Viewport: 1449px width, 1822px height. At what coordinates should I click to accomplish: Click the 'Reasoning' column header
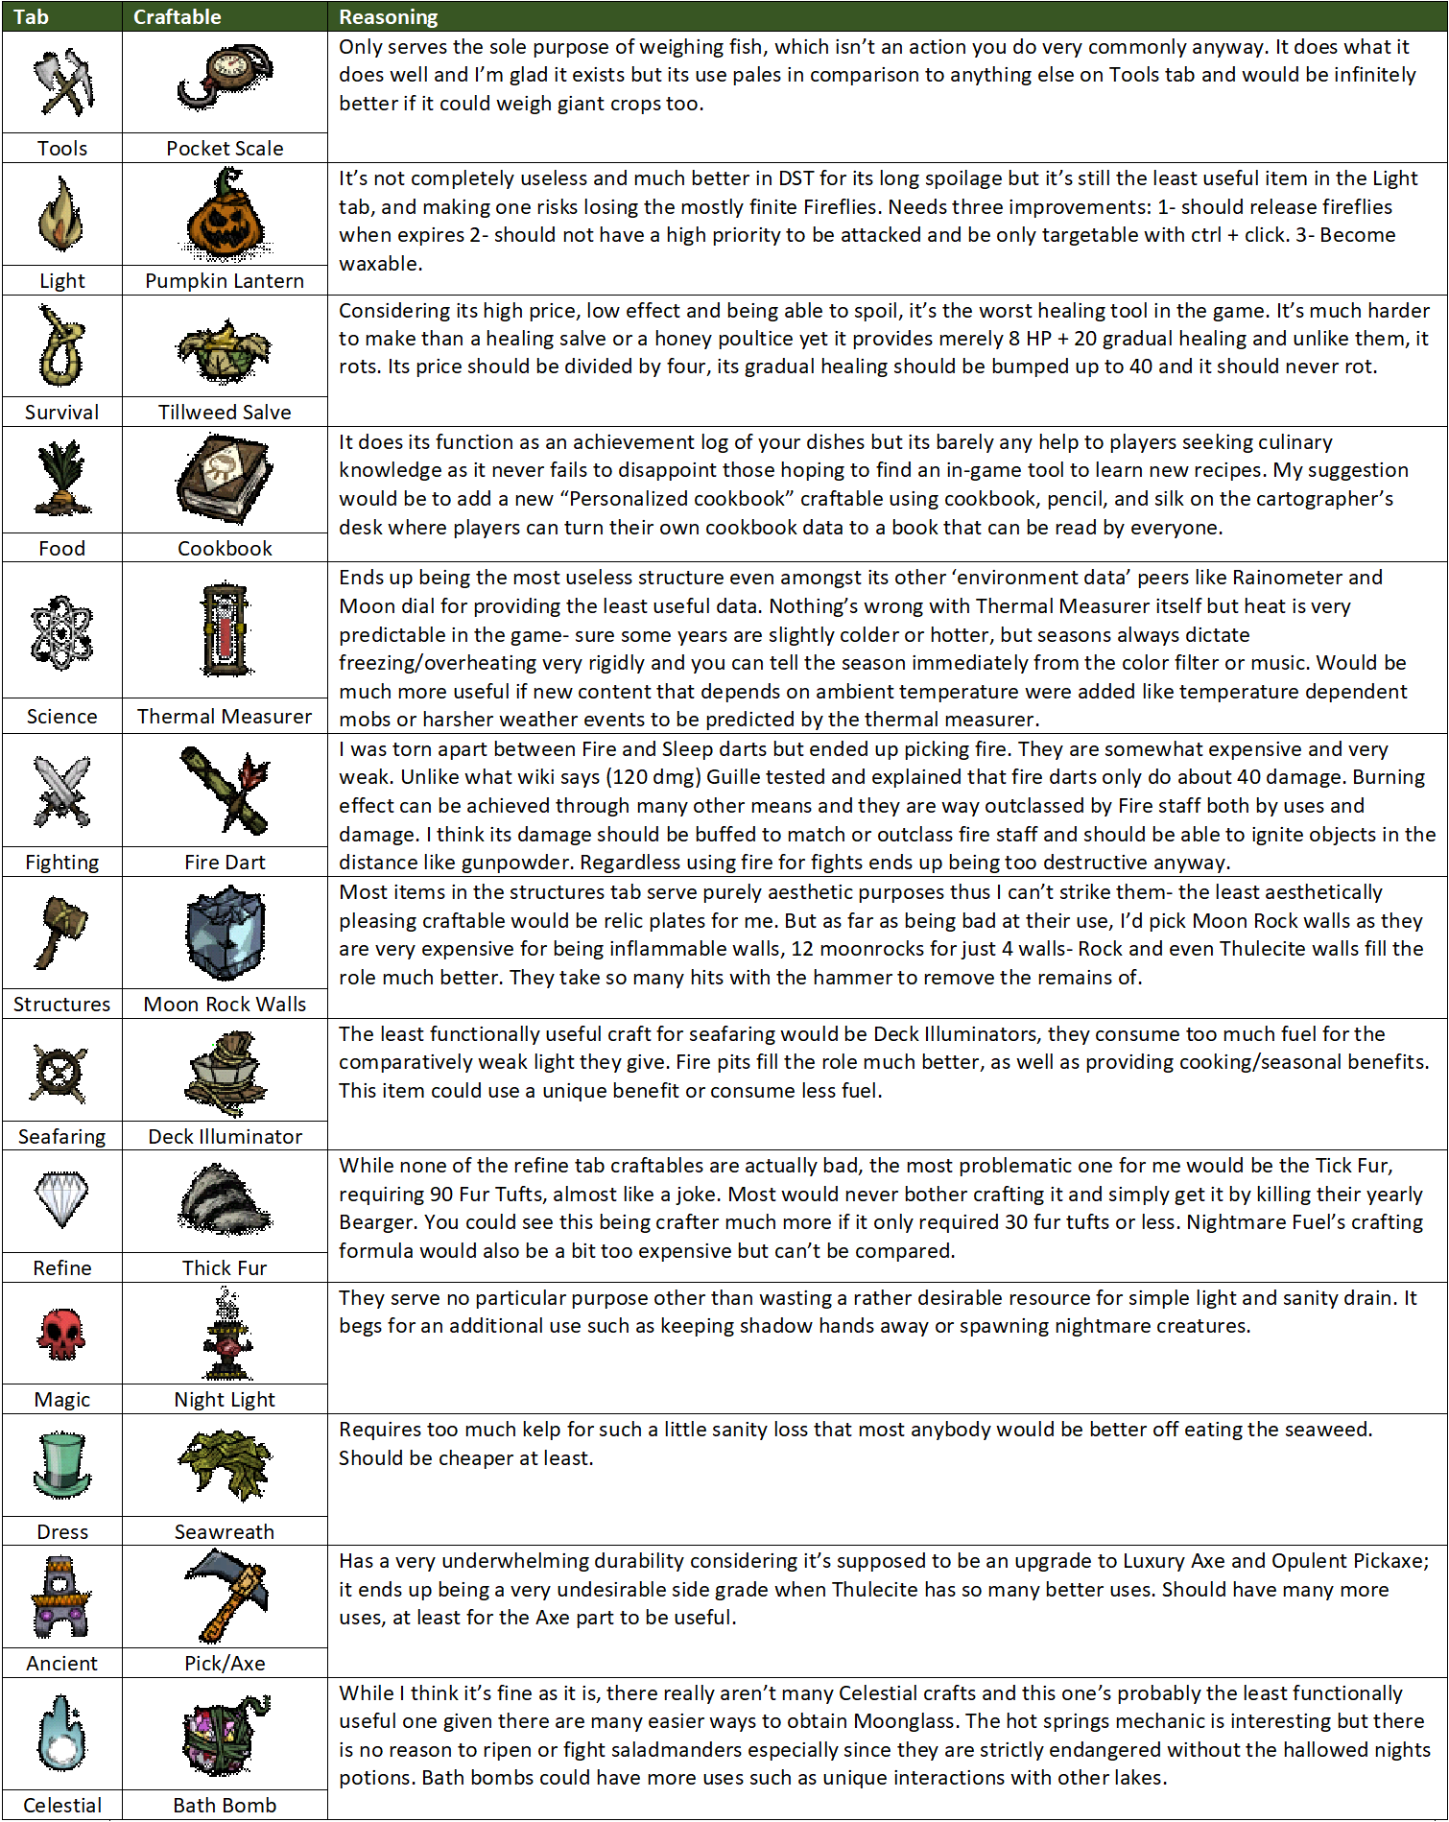coord(388,16)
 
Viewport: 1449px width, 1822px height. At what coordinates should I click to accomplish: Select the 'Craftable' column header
coord(177,16)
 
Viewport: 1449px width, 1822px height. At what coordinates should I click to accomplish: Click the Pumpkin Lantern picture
coord(225,214)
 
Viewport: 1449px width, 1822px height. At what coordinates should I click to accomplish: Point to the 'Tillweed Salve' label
coord(225,413)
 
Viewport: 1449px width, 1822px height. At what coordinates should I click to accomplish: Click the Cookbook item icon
coord(225,478)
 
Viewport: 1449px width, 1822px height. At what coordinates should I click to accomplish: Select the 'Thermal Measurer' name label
coord(225,717)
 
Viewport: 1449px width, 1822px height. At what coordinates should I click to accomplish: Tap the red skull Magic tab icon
coord(62,1334)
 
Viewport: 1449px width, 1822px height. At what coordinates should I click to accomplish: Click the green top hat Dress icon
coord(62,1465)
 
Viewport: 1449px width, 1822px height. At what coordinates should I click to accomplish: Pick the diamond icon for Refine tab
coord(62,1199)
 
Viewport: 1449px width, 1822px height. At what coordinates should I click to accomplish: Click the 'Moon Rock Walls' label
coord(225,1005)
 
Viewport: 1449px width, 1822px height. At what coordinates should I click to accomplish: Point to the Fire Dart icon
coord(225,790)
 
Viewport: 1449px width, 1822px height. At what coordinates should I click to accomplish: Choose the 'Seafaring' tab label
coord(62,1137)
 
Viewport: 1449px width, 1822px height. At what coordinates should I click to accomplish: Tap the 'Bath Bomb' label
coord(225,1806)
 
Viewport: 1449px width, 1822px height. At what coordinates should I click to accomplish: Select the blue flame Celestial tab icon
coord(62,1734)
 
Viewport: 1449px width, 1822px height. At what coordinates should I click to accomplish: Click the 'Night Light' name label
coord(225,1400)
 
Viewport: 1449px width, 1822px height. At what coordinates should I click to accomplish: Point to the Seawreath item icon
coord(225,1464)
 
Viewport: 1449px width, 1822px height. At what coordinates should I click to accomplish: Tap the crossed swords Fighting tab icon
coord(62,791)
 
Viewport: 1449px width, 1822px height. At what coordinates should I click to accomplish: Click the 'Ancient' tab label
coord(62,1664)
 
